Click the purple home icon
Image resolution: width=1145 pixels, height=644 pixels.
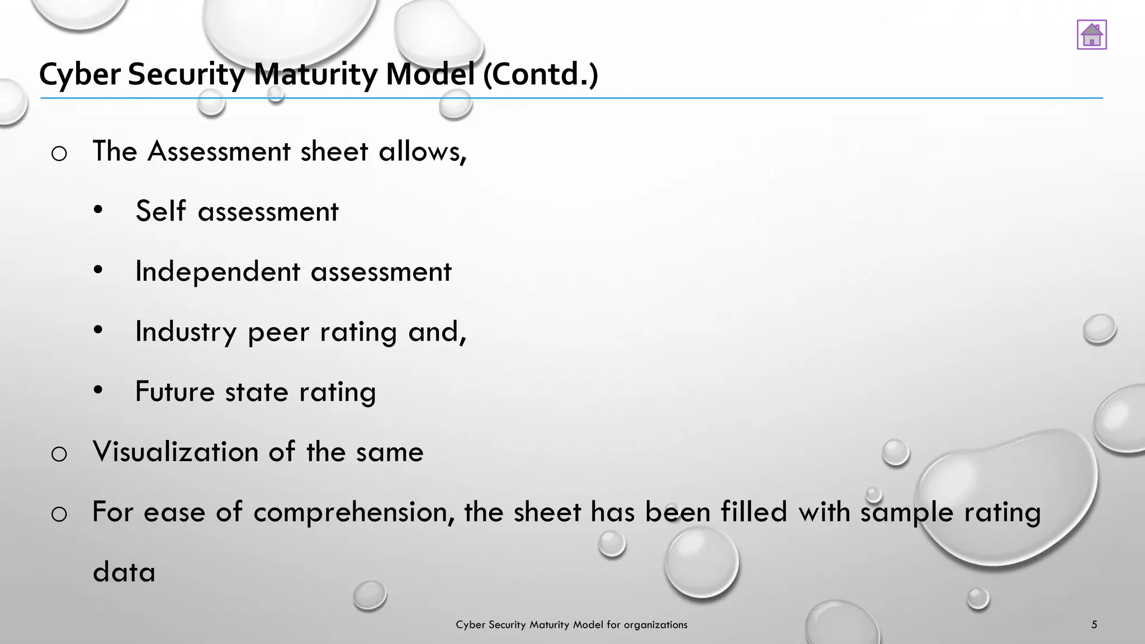1091,35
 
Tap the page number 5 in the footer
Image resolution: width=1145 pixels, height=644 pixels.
1094,624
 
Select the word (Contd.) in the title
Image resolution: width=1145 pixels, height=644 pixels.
540,74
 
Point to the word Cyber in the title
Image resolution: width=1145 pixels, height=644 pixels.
80,74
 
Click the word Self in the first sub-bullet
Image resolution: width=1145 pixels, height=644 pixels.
160,211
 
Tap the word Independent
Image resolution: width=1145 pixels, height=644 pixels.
217,272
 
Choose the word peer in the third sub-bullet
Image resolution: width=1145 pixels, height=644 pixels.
278,332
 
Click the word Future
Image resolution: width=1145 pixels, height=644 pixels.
174,391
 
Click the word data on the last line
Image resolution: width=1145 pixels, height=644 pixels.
124,572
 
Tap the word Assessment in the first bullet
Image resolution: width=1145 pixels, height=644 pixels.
219,151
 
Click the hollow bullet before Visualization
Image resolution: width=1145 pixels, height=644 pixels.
59,454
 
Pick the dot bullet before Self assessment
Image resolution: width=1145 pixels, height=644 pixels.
98,210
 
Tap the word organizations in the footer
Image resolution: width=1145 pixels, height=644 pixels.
655,625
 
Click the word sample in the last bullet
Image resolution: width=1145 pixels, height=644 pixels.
906,512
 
